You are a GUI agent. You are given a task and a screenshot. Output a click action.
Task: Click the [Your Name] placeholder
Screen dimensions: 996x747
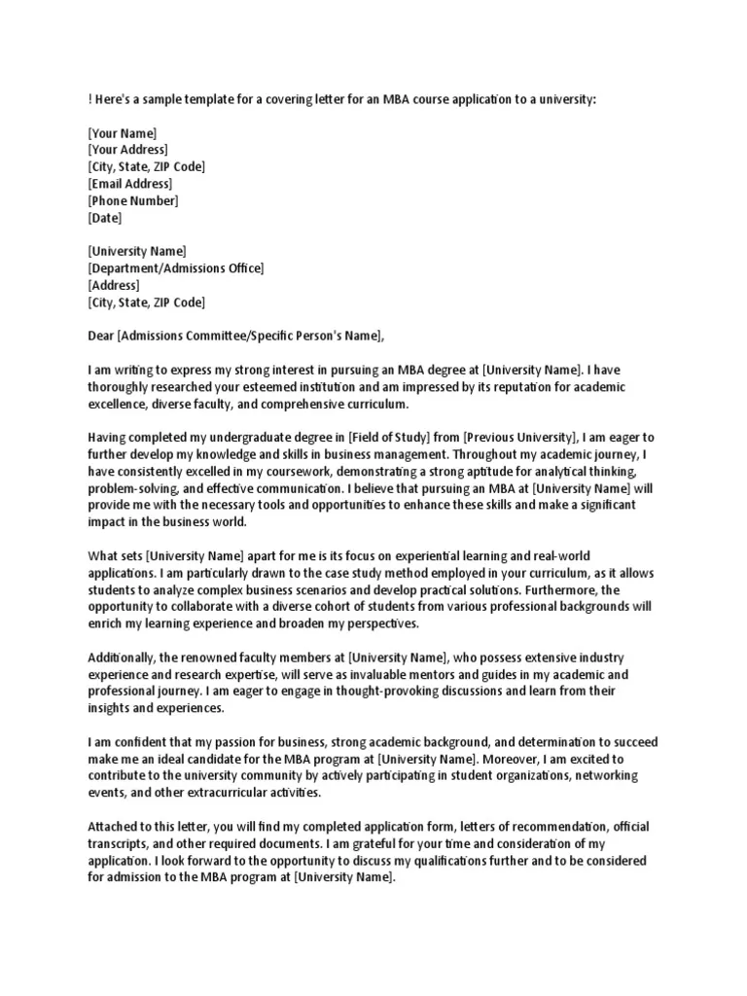(x=122, y=133)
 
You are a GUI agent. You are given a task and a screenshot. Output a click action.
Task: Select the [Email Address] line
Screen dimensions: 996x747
(x=129, y=184)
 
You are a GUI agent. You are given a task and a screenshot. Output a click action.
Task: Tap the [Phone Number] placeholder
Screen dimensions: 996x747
(x=132, y=201)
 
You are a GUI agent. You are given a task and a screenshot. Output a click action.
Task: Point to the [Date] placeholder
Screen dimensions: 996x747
(x=105, y=218)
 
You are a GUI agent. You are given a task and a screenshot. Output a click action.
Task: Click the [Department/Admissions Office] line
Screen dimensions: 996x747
(x=175, y=268)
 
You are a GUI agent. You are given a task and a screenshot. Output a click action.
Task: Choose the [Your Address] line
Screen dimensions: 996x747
(x=127, y=150)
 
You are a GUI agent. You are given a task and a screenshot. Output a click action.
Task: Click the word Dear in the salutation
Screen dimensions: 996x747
(x=101, y=337)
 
